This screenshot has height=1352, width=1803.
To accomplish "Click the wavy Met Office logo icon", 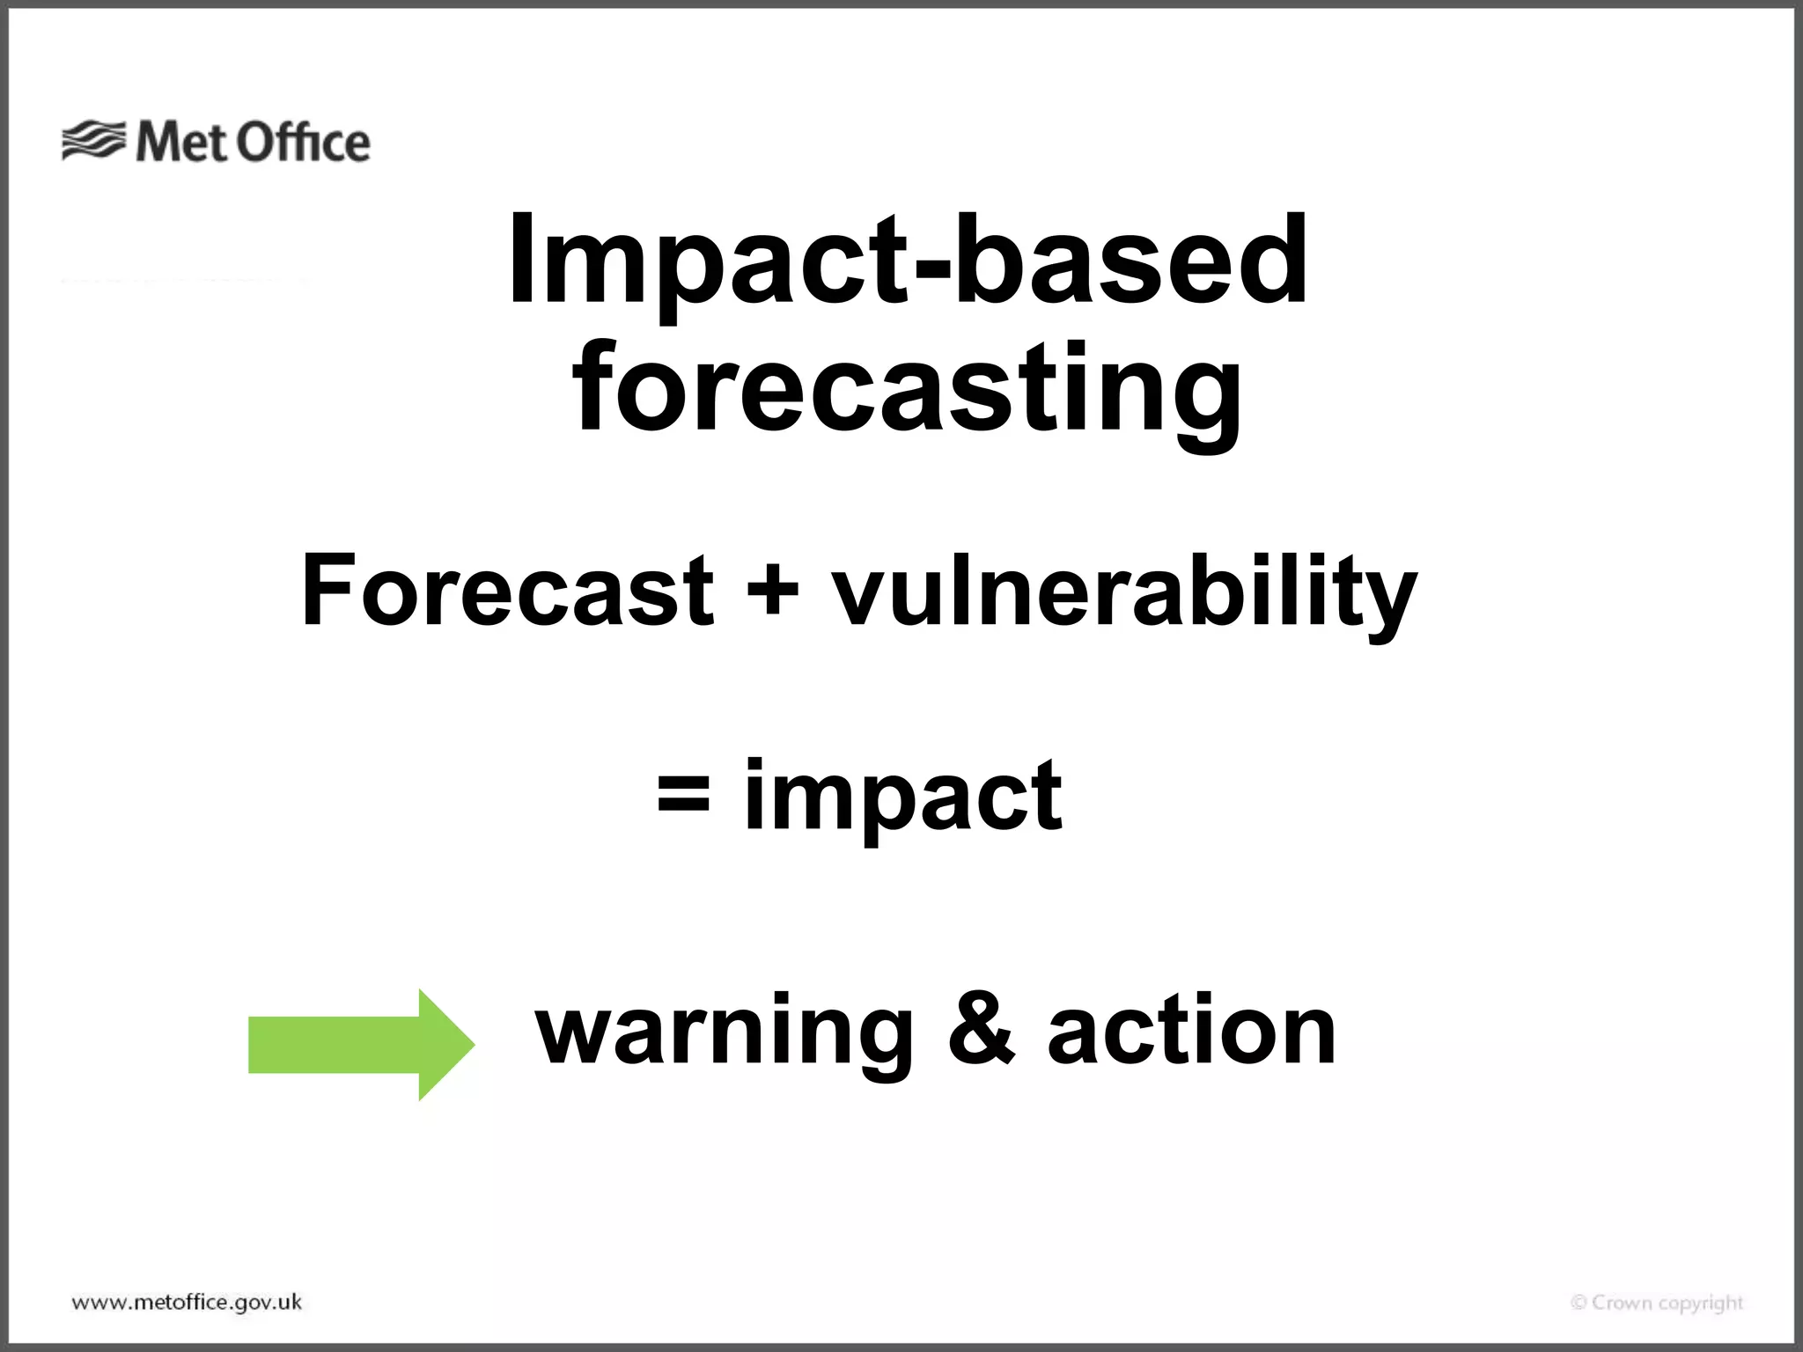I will coord(93,141).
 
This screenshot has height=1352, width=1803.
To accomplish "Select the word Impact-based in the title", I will coord(907,262).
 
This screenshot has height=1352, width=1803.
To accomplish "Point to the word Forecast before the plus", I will coord(507,590).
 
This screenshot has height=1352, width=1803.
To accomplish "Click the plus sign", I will coord(772,590).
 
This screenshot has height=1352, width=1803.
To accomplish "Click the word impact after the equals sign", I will coord(903,797).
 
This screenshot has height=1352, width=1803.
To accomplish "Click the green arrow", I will coord(352,1045).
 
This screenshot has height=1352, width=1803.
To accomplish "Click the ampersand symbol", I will coord(981,1028).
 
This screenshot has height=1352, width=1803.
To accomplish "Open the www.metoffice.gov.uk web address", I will coord(187,1303).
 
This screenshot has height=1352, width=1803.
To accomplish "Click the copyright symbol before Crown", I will coord(1579,1303).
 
